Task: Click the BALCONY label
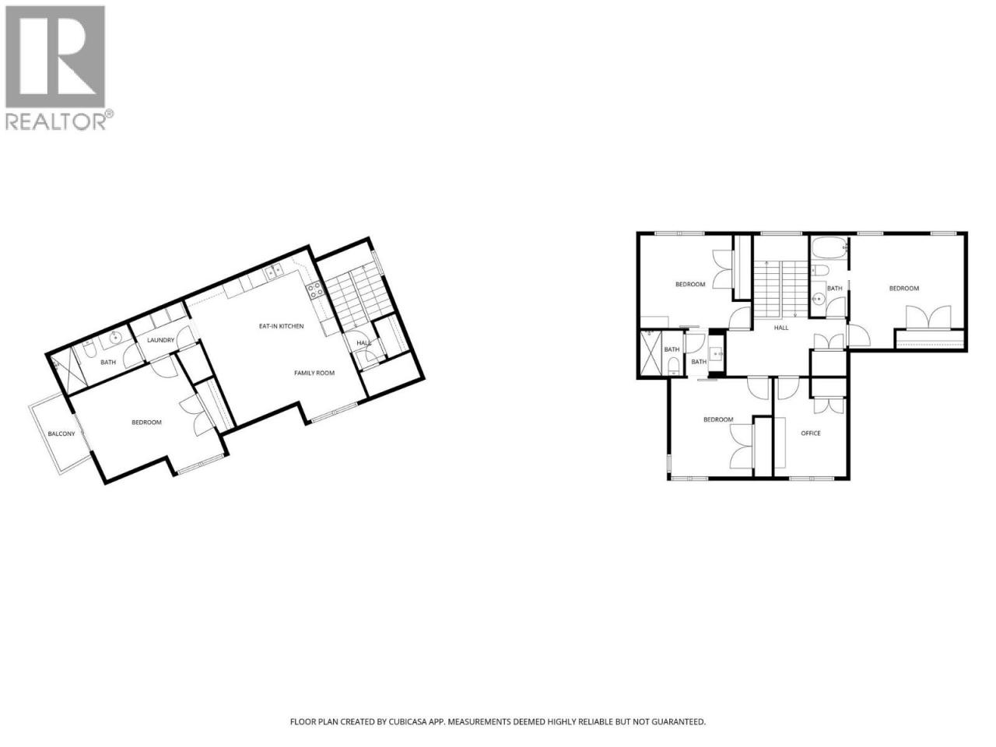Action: (x=61, y=434)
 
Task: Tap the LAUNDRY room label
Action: (x=160, y=340)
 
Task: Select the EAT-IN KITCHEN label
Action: (x=282, y=326)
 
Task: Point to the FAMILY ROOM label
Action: (x=314, y=373)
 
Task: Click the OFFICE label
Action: (x=810, y=433)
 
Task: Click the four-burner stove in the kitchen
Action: (x=315, y=290)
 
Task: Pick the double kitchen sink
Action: (x=274, y=271)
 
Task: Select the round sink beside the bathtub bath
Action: (x=818, y=299)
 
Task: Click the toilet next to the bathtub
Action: (x=820, y=271)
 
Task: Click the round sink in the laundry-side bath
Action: (x=116, y=337)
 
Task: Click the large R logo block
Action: (x=55, y=57)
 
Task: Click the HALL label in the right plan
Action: (x=781, y=328)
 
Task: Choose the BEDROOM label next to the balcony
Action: (x=146, y=423)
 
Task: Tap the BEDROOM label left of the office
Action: (x=718, y=419)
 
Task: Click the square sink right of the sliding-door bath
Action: (x=717, y=353)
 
